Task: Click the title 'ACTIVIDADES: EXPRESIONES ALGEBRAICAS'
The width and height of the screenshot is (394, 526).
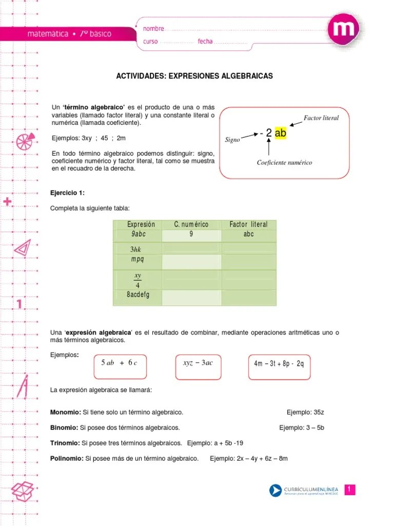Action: pos(195,76)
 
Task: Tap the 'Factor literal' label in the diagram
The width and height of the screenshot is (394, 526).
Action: pos(321,118)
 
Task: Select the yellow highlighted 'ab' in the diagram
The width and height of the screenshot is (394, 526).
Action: pos(280,134)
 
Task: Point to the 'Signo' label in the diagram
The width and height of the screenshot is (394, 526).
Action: pos(232,140)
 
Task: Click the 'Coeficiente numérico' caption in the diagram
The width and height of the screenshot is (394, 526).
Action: pos(284,163)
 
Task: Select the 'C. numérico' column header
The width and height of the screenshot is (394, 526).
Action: pos(191,224)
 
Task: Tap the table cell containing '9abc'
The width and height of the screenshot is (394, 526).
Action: pos(137,234)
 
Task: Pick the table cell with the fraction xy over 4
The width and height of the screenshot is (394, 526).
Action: pos(137,280)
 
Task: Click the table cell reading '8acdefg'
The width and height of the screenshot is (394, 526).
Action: pos(137,295)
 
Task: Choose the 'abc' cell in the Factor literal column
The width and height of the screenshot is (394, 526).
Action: pos(249,234)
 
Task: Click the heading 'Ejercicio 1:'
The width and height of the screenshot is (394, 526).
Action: pos(67,193)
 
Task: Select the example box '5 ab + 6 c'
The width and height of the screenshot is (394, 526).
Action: pos(120,363)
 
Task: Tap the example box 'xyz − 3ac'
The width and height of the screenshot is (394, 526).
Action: pos(198,363)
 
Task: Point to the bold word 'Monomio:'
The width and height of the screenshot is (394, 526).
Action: pos(65,412)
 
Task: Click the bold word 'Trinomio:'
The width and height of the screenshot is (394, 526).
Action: pos(65,443)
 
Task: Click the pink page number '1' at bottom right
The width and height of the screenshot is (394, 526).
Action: pos(349,490)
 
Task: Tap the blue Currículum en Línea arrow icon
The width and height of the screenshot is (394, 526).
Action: pos(276,491)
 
